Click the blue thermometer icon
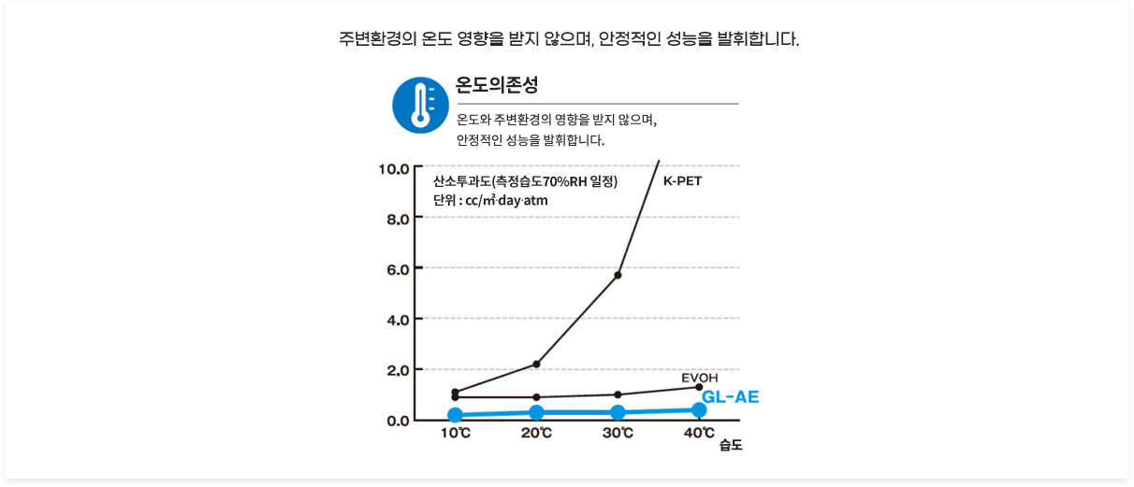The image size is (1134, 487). (421, 105)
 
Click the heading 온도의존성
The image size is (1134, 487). (497, 85)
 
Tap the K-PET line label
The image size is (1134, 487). (682, 180)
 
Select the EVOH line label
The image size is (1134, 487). (699, 378)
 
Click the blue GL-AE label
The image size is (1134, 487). (730, 396)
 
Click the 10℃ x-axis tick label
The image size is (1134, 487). (456, 434)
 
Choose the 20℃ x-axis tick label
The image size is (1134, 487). (537, 434)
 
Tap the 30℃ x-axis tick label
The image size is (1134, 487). (618, 434)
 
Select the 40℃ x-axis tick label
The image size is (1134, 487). (699, 433)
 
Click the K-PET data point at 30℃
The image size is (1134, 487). (618, 275)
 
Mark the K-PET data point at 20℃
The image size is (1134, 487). (536, 364)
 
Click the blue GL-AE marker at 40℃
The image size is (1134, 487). (699, 409)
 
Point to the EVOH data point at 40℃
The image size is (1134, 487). (699, 387)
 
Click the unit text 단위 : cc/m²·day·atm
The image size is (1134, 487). (490, 201)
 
